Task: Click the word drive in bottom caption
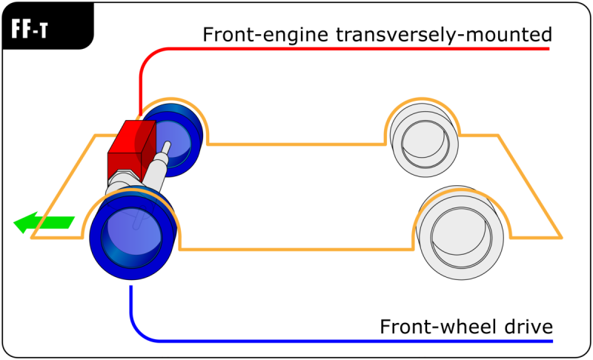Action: pyautogui.click(x=526, y=327)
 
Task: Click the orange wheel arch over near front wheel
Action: pyautogui.click(x=133, y=191)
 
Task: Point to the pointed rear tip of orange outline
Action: pyautogui.click(x=561, y=238)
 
